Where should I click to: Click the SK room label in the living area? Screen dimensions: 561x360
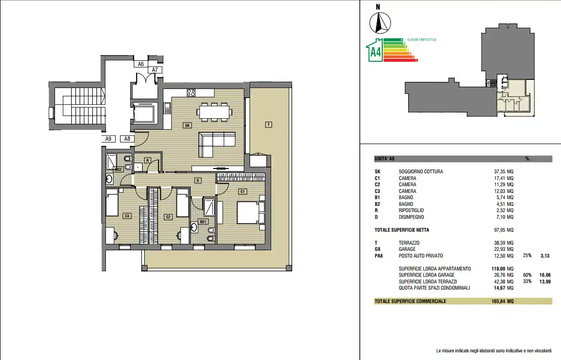[x=187, y=125]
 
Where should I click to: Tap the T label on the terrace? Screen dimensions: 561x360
[x=268, y=124]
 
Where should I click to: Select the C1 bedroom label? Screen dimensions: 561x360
[x=242, y=191]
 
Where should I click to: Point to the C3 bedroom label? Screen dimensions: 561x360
[x=126, y=216]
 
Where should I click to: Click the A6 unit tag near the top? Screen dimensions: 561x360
[x=140, y=64]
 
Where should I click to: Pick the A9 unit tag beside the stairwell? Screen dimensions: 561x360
[x=108, y=139]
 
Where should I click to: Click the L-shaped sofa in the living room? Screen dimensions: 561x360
[x=217, y=145]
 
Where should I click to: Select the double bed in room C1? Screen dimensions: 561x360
[x=251, y=213]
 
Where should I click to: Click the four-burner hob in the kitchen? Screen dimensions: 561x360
[x=191, y=93]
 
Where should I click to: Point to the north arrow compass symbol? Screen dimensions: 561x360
[x=380, y=23]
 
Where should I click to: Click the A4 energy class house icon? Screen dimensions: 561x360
[x=375, y=50]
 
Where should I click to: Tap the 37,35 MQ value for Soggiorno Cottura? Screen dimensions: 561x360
[x=504, y=171]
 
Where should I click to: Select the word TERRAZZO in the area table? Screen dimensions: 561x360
[x=409, y=243]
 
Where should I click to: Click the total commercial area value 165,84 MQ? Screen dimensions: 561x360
[x=503, y=302]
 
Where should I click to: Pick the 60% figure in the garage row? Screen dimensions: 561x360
[x=527, y=275]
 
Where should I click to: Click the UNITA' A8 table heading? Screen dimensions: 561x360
[x=384, y=159]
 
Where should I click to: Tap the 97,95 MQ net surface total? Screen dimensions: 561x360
[x=504, y=230]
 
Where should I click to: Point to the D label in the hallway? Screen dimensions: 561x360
[x=198, y=180]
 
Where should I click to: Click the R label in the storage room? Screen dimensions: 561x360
[x=148, y=160]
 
